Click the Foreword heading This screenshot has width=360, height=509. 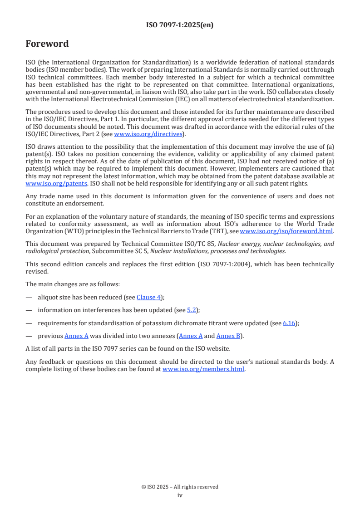tap(47, 44)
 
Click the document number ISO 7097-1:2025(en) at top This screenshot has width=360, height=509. tap(180, 25)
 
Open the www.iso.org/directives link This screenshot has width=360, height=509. tap(148, 134)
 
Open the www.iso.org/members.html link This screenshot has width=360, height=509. tap(203, 369)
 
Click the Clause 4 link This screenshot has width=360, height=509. tap(149, 297)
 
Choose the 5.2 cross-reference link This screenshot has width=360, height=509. tap(192, 310)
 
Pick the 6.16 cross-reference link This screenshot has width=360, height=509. tap(289, 323)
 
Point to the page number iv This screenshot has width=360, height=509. tap(180, 495)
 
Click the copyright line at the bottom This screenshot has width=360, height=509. tap(180, 487)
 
